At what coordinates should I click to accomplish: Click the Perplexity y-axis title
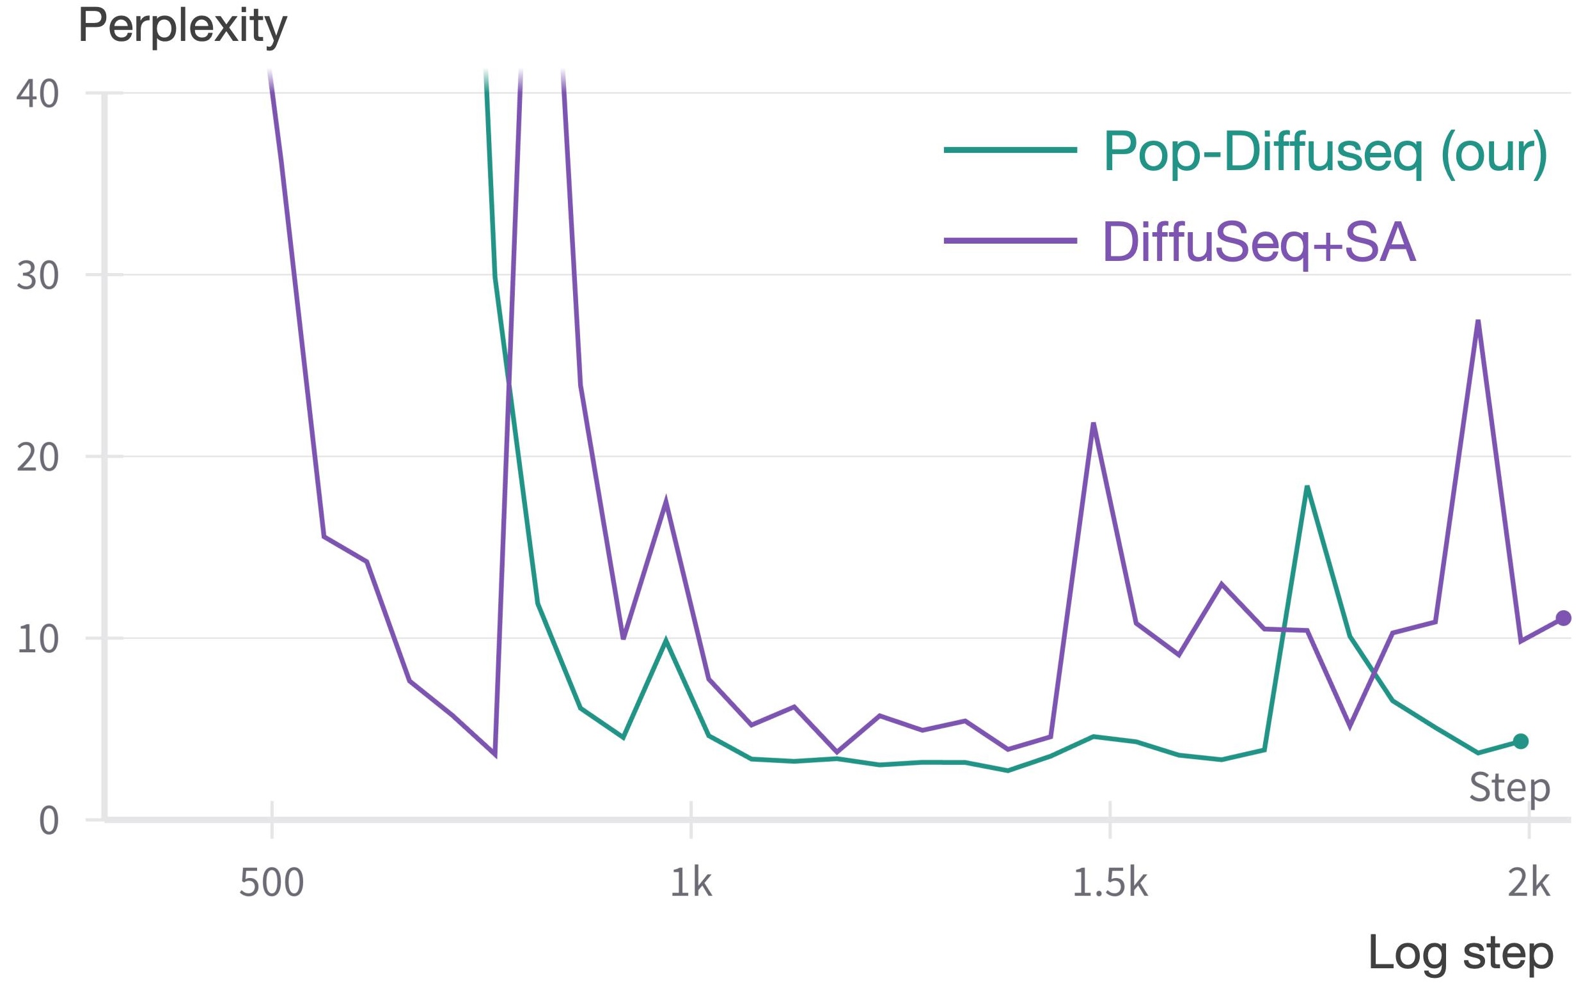point(183,26)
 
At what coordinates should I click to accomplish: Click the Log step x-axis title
point(1461,954)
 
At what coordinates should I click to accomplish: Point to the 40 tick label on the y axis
point(38,93)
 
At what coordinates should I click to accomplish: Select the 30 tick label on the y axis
point(38,276)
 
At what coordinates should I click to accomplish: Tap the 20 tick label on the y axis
point(38,457)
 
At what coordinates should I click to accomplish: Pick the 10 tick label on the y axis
point(38,639)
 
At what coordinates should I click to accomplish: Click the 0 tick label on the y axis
point(49,821)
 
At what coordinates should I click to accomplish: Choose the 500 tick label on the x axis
point(272,883)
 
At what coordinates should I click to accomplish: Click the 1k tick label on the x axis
point(691,883)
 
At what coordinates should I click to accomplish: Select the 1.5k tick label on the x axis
point(1110,883)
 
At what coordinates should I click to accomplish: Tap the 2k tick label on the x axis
point(1529,883)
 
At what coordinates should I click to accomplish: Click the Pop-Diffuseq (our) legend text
point(1325,152)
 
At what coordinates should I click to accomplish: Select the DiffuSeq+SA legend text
point(1259,242)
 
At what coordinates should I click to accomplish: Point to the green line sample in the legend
point(1010,150)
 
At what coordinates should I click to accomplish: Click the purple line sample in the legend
point(1010,241)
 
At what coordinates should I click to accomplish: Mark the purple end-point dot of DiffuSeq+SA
point(1563,618)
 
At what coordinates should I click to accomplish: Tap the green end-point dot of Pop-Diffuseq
point(1521,741)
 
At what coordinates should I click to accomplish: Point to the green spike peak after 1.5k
point(1307,487)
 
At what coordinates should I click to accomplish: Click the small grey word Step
point(1509,787)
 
